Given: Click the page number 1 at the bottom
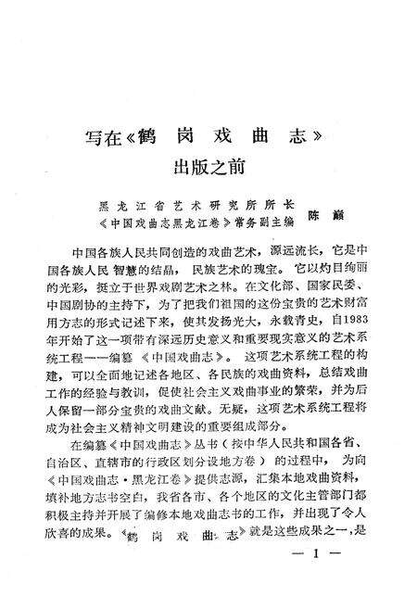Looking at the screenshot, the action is click(x=316, y=579).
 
